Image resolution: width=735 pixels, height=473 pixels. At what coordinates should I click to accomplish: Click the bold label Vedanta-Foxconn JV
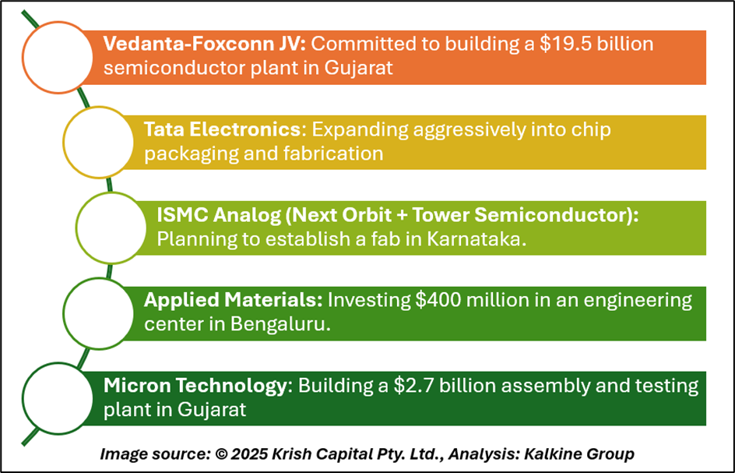[205, 44]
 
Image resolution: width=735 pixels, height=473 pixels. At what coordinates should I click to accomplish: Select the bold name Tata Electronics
[222, 129]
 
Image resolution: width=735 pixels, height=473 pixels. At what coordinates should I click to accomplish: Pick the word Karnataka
[477, 239]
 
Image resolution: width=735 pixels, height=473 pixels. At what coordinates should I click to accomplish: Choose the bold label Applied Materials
[234, 300]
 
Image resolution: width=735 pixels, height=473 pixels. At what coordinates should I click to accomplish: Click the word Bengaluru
[280, 325]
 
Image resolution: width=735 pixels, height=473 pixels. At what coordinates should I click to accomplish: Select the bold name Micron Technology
[195, 386]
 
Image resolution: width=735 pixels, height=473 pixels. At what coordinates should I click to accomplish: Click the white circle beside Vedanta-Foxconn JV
[58, 57]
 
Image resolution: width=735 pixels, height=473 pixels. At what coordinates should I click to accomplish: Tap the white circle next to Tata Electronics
[98, 142]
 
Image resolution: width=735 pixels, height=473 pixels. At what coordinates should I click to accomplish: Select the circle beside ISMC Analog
[111, 228]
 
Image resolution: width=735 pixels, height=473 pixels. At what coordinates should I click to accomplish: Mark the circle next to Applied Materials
[98, 313]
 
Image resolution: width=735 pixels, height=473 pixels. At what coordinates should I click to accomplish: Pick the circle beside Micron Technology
[58, 398]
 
